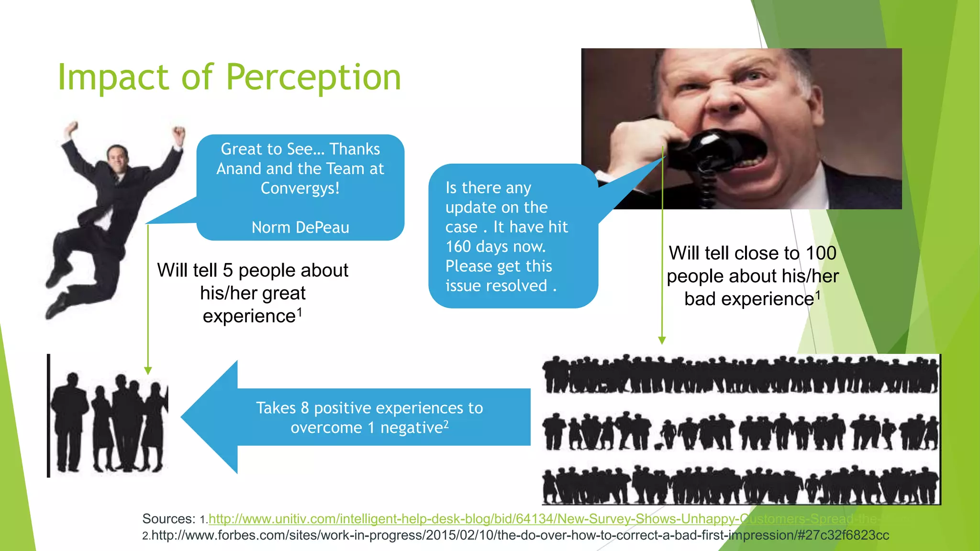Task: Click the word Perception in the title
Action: pyautogui.click(x=313, y=77)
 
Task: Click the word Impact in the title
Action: pyautogui.click(x=113, y=77)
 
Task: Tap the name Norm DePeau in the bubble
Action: pyautogui.click(x=300, y=227)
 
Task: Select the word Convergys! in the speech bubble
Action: pyautogui.click(x=300, y=188)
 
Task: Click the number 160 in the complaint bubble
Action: pyautogui.click(x=458, y=246)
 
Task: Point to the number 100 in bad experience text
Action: pyautogui.click(x=821, y=253)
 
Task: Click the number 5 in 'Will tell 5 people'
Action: pyautogui.click(x=228, y=270)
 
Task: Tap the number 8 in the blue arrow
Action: pyautogui.click(x=305, y=408)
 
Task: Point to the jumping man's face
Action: pyautogui.click(x=116, y=160)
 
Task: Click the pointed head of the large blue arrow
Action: pyautogui.click(x=191, y=417)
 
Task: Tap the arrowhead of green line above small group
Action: pyautogui.click(x=148, y=371)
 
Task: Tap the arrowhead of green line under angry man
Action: pyautogui.click(x=662, y=340)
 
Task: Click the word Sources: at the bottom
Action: pyautogui.click(x=168, y=519)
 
